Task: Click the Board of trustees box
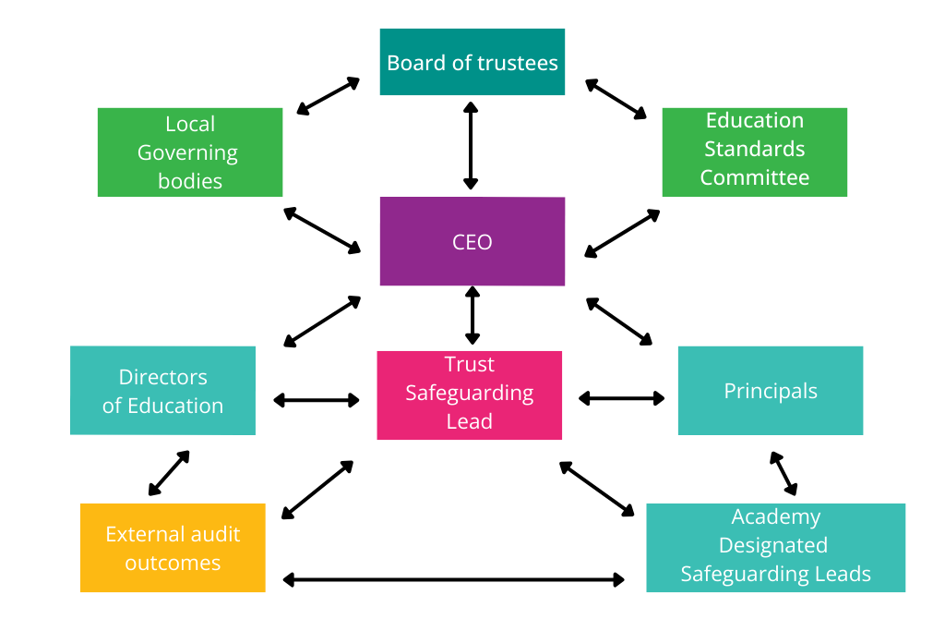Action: [472, 62]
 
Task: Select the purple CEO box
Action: [472, 241]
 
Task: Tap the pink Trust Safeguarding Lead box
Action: [469, 394]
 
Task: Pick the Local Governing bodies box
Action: [190, 152]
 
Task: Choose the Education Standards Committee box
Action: [754, 152]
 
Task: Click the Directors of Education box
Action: [162, 390]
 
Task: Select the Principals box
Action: [770, 390]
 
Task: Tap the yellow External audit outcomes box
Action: [173, 548]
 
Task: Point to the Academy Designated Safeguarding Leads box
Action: [775, 547]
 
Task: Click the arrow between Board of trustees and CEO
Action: [471, 146]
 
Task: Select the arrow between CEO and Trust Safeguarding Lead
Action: [472, 315]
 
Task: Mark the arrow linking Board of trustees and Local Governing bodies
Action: [328, 96]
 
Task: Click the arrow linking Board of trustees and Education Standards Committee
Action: [616, 99]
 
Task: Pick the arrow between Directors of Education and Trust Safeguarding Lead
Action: [317, 400]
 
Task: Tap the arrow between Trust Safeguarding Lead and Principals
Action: [621, 398]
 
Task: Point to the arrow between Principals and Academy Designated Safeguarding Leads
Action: [784, 474]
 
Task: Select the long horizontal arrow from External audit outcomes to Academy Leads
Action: [453, 579]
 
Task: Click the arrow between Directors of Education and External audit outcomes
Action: [169, 473]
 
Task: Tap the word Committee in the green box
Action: [754, 177]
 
